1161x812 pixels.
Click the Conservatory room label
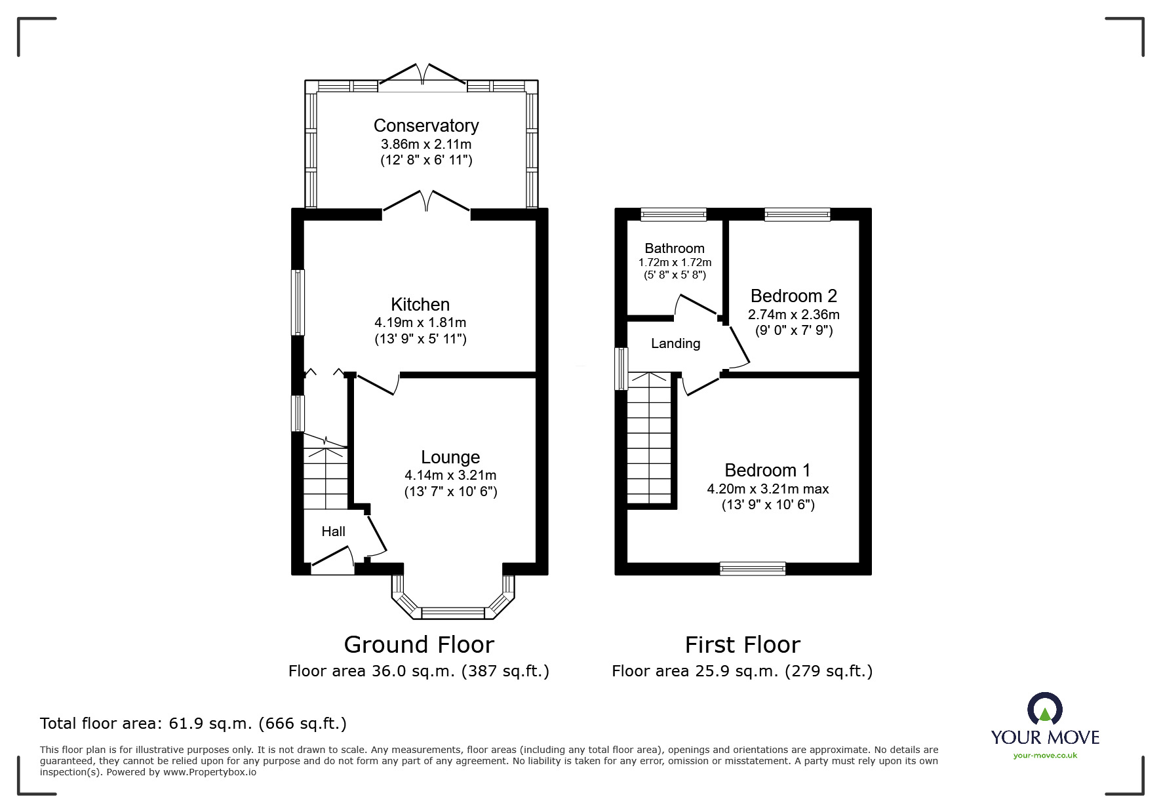point(426,126)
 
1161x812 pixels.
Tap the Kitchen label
point(420,305)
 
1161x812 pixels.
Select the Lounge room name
point(450,457)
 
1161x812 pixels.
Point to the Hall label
point(333,532)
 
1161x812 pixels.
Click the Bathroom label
point(675,248)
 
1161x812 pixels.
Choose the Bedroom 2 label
point(794,296)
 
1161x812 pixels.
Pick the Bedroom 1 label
point(768,471)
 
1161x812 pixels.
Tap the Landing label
point(675,343)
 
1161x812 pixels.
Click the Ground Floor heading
point(419,645)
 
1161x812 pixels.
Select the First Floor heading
point(743,645)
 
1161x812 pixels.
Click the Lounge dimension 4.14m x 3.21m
point(450,475)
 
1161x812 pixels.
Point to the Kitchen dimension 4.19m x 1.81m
point(420,322)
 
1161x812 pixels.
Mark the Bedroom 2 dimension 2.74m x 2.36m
point(794,315)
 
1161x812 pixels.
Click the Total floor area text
point(193,724)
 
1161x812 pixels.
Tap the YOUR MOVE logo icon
point(1045,710)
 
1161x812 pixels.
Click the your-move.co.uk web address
point(1045,756)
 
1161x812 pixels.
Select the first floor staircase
point(650,438)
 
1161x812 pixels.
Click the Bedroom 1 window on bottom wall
point(753,569)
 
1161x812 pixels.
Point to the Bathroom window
point(673,214)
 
